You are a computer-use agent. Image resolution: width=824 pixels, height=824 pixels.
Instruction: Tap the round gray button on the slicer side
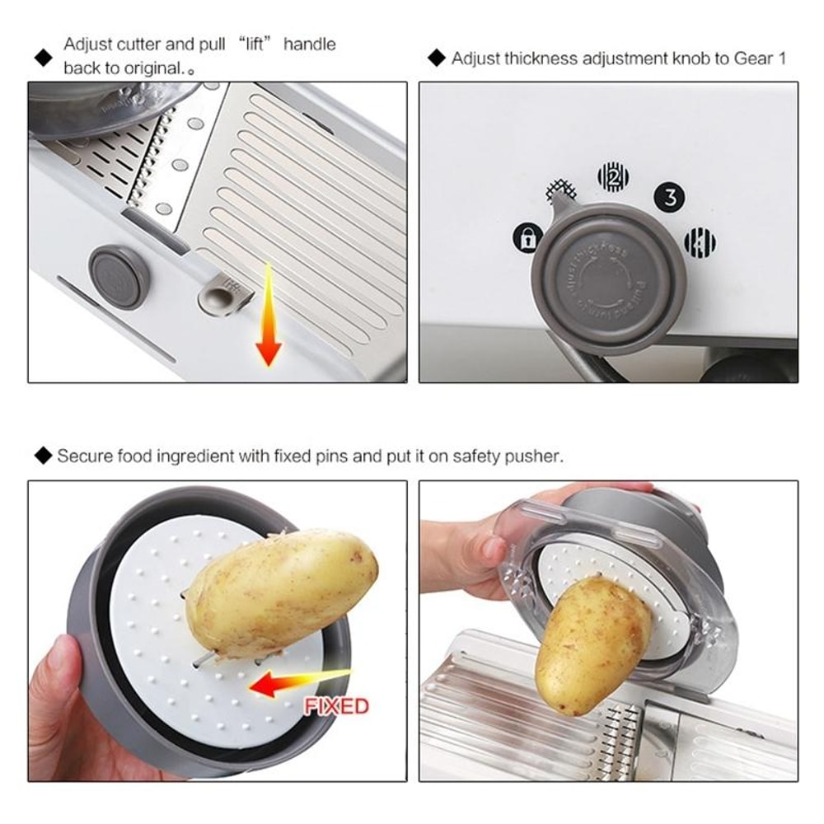click(x=119, y=277)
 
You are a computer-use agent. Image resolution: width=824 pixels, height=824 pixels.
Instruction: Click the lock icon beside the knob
click(x=527, y=239)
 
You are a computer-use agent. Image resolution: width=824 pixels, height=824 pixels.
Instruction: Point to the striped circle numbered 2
click(x=613, y=176)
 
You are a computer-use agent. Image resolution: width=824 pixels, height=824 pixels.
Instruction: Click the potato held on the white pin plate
click(x=280, y=590)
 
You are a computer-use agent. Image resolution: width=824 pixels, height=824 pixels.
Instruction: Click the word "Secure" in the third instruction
click(x=85, y=456)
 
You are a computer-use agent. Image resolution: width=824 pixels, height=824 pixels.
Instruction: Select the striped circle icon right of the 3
click(x=700, y=242)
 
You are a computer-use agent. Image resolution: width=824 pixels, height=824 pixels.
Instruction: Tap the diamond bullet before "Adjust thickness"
click(x=437, y=59)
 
